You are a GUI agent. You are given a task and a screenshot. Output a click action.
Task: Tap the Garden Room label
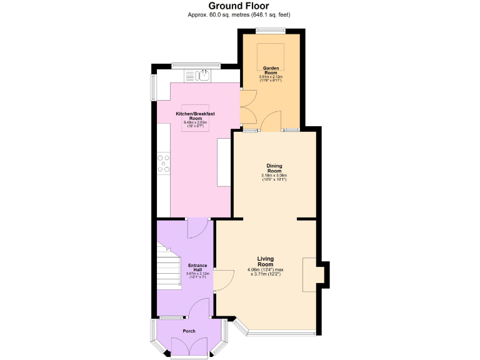(x=270, y=70)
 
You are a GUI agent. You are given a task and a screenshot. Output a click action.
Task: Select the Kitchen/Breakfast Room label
(x=195, y=116)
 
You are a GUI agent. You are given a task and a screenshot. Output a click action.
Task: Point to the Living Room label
(x=266, y=261)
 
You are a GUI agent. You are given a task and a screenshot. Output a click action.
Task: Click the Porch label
(x=189, y=331)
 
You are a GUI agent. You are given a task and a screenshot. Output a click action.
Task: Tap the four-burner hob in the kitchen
(x=164, y=164)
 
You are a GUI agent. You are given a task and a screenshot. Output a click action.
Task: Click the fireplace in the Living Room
(x=311, y=274)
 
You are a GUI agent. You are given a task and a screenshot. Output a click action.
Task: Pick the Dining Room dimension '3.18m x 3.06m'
(x=274, y=176)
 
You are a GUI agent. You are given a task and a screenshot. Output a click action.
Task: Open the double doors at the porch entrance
(x=189, y=348)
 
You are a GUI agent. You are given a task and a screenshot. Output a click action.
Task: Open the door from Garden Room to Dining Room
(x=271, y=122)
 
